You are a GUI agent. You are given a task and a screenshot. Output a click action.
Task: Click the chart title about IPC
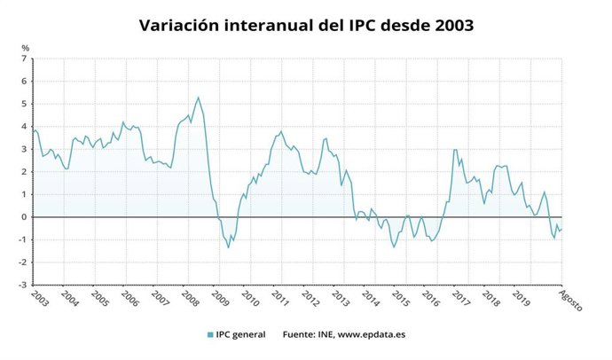pos(306,25)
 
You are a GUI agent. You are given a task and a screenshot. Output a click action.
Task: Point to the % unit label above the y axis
pos(25,47)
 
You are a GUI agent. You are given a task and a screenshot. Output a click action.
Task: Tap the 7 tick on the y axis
pos(25,59)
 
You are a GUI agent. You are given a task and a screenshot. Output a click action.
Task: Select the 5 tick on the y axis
pos(25,104)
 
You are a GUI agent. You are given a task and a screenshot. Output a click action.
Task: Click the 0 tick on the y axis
pos(25,217)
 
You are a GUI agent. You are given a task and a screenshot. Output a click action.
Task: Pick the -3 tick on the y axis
pos(23,286)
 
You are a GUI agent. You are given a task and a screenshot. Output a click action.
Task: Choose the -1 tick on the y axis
pos(23,240)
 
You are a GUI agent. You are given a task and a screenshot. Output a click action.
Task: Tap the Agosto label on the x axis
pos(571,301)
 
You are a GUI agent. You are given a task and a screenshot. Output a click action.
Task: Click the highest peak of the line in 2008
pos(198,98)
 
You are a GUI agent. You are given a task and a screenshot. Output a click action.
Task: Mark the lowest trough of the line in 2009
pos(228,247)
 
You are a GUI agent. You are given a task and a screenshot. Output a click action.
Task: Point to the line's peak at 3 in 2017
pos(455,150)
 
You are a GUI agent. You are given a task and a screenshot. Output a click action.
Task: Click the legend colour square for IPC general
pos(210,335)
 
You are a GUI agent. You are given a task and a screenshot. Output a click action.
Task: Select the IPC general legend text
pos(241,335)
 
